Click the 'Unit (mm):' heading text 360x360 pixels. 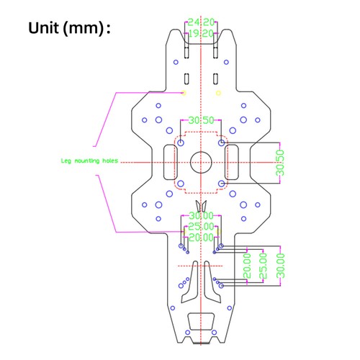(x=70, y=29)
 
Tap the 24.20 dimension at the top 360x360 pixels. (x=201, y=22)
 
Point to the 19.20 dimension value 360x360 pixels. (x=201, y=33)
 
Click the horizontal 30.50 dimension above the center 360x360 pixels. (x=201, y=120)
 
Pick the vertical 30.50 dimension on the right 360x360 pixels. (x=281, y=162)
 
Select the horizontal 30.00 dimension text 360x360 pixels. (x=201, y=216)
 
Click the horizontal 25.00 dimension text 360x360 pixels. (x=201, y=227)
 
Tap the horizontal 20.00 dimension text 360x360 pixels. (x=201, y=237)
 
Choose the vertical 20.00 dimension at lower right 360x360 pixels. (x=248, y=266)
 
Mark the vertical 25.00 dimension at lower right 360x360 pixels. (x=264, y=266)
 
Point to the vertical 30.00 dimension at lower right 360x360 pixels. (x=281, y=264)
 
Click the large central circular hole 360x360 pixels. (x=201, y=163)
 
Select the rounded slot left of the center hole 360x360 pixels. (x=171, y=163)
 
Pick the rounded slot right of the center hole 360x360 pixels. (x=232, y=163)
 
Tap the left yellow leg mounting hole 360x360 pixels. (x=184, y=93)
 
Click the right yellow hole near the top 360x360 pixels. (x=219, y=93)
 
